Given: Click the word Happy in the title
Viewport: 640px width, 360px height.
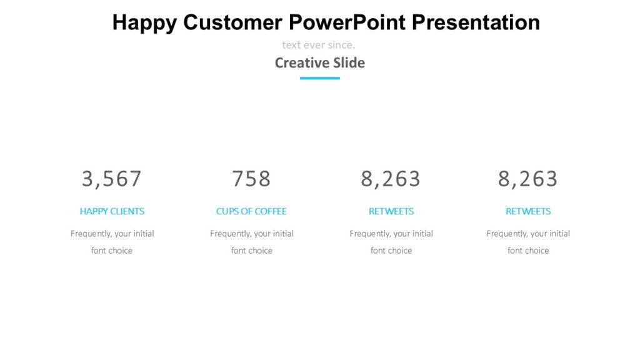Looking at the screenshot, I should [x=144, y=22].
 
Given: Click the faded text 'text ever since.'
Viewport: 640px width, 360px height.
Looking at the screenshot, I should [x=319, y=45].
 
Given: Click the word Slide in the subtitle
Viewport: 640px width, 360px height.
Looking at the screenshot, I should [x=349, y=62].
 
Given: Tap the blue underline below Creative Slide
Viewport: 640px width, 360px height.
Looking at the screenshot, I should [x=320, y=78].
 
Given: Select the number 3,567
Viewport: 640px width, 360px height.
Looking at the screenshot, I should [x=112, y=179].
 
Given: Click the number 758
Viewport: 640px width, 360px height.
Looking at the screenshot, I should [x=251, y=179].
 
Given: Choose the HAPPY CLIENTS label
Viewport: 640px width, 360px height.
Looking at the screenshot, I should [x=112, y=211].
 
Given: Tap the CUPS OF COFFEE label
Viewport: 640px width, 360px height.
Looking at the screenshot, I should [x=251, y=211].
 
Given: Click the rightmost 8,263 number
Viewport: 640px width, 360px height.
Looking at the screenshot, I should [x=527, y=179].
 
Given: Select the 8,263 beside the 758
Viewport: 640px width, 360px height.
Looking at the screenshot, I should [x=391, y=179].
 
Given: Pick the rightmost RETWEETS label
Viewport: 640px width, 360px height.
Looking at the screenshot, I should [x=528, y=211].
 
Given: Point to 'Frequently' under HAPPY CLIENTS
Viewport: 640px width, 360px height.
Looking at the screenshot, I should [x=91, y=234].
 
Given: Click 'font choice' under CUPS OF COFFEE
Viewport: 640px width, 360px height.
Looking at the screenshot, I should [x=252, y=251].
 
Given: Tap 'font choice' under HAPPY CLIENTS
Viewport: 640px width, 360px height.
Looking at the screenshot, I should [x=112, y=251].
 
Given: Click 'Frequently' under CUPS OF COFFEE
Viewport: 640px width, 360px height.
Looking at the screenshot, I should [x=230, y=234].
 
